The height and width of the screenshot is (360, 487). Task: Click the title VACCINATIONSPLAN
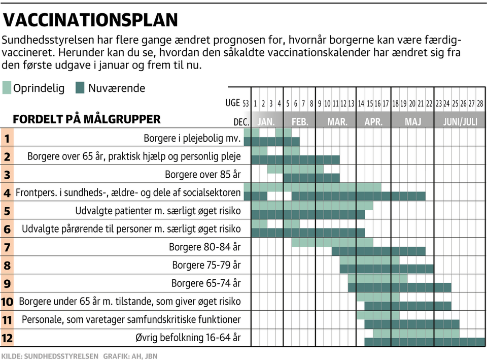(x=91, y=20)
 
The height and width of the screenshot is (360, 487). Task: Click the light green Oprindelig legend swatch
(x=7, y=88)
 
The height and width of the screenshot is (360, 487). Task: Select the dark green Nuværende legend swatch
(x=80, y=88)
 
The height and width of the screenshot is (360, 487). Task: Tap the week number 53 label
(x=246, y=104)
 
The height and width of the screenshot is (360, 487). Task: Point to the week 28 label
(x=480, y=104)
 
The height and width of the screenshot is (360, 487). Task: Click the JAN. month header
(x=266, y=122)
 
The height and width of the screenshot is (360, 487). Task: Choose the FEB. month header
(x=300, y=122)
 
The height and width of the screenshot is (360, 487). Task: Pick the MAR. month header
(x=337, y=122)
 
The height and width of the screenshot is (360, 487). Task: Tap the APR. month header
(x=373, y=122)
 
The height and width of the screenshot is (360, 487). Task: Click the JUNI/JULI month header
(x=460, y=122)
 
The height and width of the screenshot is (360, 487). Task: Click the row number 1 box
(x=7, y=138)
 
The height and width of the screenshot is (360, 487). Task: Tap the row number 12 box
(x=7, y=338)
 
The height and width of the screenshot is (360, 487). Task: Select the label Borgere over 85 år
(x=202, y=175)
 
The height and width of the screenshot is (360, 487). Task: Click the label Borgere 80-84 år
(x=204, y=247)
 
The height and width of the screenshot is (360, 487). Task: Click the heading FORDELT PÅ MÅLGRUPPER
(x=87, y=120)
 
